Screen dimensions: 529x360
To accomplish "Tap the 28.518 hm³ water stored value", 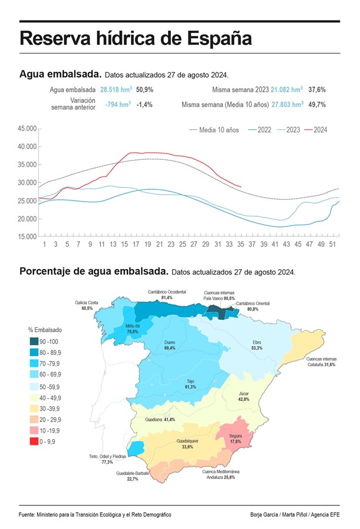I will (x=115, y=90).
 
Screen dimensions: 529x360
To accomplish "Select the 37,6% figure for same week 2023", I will (x=317, y=90).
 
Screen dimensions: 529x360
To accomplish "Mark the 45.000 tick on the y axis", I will (x=27, y=128).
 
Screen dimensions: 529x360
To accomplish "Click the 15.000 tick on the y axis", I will (x=27, y=237).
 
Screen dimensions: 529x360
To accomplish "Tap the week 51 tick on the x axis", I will (x=333, y=244).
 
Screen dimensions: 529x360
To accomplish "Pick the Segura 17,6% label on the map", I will (x=235, y=438).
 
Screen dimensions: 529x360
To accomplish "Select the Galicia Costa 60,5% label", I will (x=88, y=305).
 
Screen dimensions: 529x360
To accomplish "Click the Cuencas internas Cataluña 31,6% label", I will (x=322, y=361).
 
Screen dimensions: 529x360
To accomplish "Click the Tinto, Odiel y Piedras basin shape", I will (x=136, y=448).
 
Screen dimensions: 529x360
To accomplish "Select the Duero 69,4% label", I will (x=170, y=345).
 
